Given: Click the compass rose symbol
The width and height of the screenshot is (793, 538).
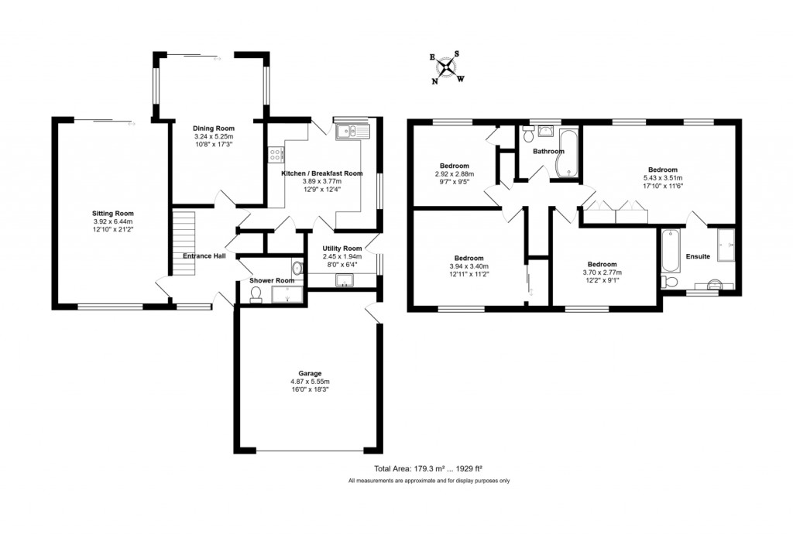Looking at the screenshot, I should (447, 66).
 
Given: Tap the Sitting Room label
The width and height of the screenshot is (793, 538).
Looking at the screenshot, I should (113, 213).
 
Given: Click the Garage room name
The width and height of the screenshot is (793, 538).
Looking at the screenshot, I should (310, 373).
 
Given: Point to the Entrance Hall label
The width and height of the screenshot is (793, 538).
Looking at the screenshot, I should (204, 255).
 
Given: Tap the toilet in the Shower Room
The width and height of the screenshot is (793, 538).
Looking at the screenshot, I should (256, 293).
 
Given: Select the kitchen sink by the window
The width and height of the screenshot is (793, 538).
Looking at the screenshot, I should (353, 130).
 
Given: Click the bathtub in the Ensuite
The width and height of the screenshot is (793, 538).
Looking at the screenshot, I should (671, 249).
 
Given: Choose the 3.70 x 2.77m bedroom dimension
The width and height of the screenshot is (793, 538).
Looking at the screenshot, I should (602, 272).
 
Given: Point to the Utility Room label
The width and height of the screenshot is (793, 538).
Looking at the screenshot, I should (342, 248).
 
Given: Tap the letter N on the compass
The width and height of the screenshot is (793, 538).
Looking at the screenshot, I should (435, 81).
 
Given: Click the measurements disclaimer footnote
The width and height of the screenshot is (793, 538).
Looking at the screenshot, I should (428, 481).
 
